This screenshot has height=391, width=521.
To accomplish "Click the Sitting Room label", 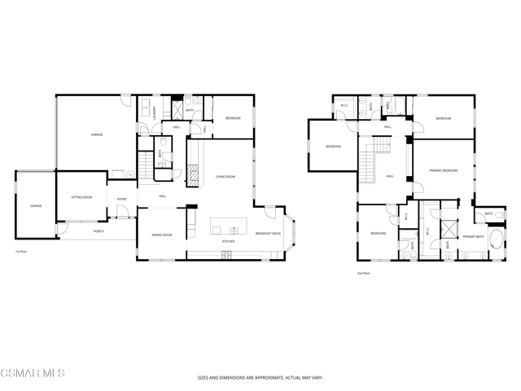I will (81, 197).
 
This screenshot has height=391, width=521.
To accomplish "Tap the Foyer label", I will (121, 199).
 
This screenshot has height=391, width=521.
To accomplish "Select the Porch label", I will (99, 231).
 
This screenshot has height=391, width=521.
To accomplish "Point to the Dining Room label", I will (161, 235).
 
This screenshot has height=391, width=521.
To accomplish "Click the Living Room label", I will (225, 176).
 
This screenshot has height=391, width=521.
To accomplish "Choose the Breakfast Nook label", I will (267, 234).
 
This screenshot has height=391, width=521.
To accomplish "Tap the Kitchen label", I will (229, 241).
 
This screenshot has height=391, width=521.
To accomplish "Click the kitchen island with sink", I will (228, 226).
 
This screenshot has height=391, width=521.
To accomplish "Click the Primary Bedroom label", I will (444, 170).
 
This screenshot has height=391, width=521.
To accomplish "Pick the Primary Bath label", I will (473, 236).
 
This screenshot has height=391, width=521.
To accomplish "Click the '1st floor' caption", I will (21, 251).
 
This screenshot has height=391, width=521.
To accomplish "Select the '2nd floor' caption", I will (363, 273).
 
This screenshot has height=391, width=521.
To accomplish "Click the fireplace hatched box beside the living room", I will (193, 175).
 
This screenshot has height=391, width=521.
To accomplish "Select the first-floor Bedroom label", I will (233, 118).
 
